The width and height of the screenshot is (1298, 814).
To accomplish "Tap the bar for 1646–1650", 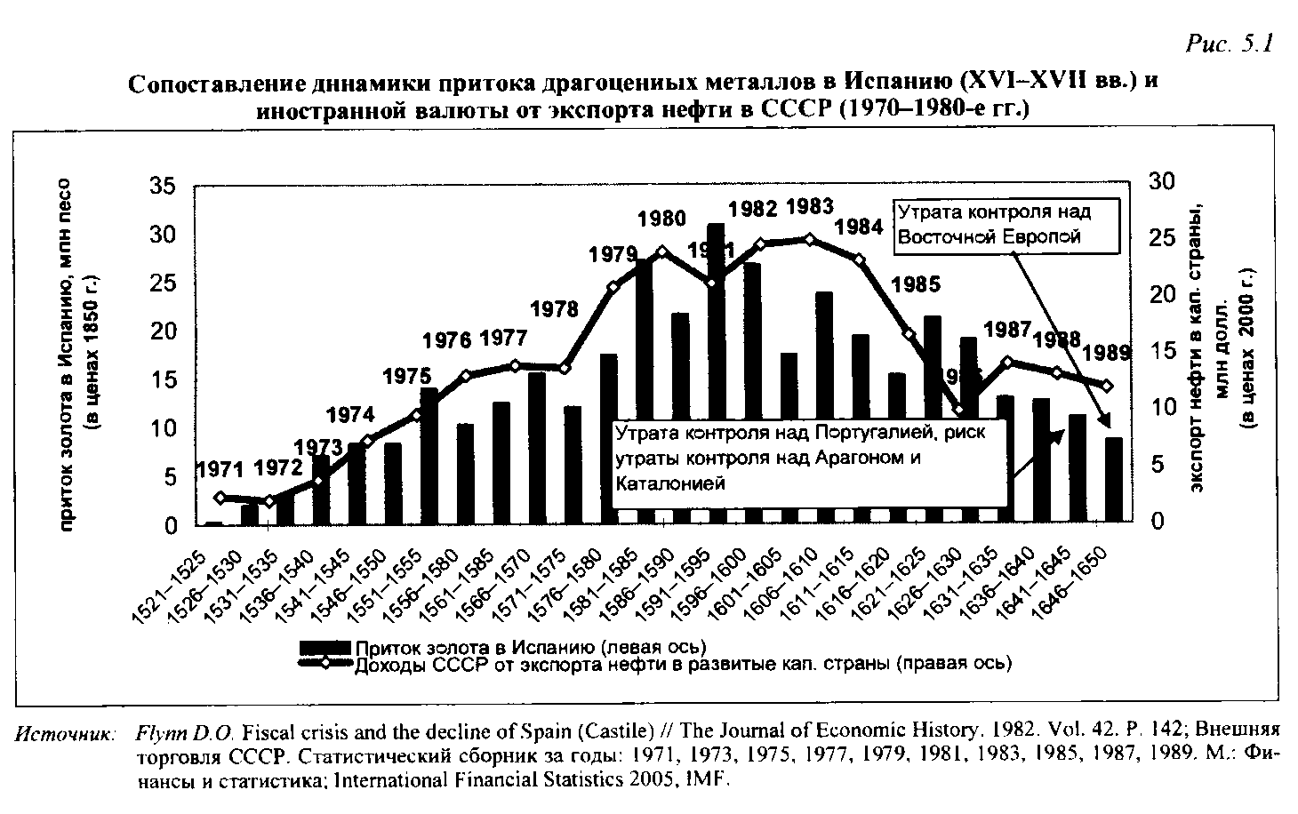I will (1113, 480).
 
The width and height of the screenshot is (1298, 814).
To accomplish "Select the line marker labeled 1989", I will (1107, 386).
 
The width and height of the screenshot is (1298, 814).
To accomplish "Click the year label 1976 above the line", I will (447, 341).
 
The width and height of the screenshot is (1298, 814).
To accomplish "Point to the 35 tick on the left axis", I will (163, 188).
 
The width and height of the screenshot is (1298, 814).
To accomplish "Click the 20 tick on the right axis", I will (1161, 294).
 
